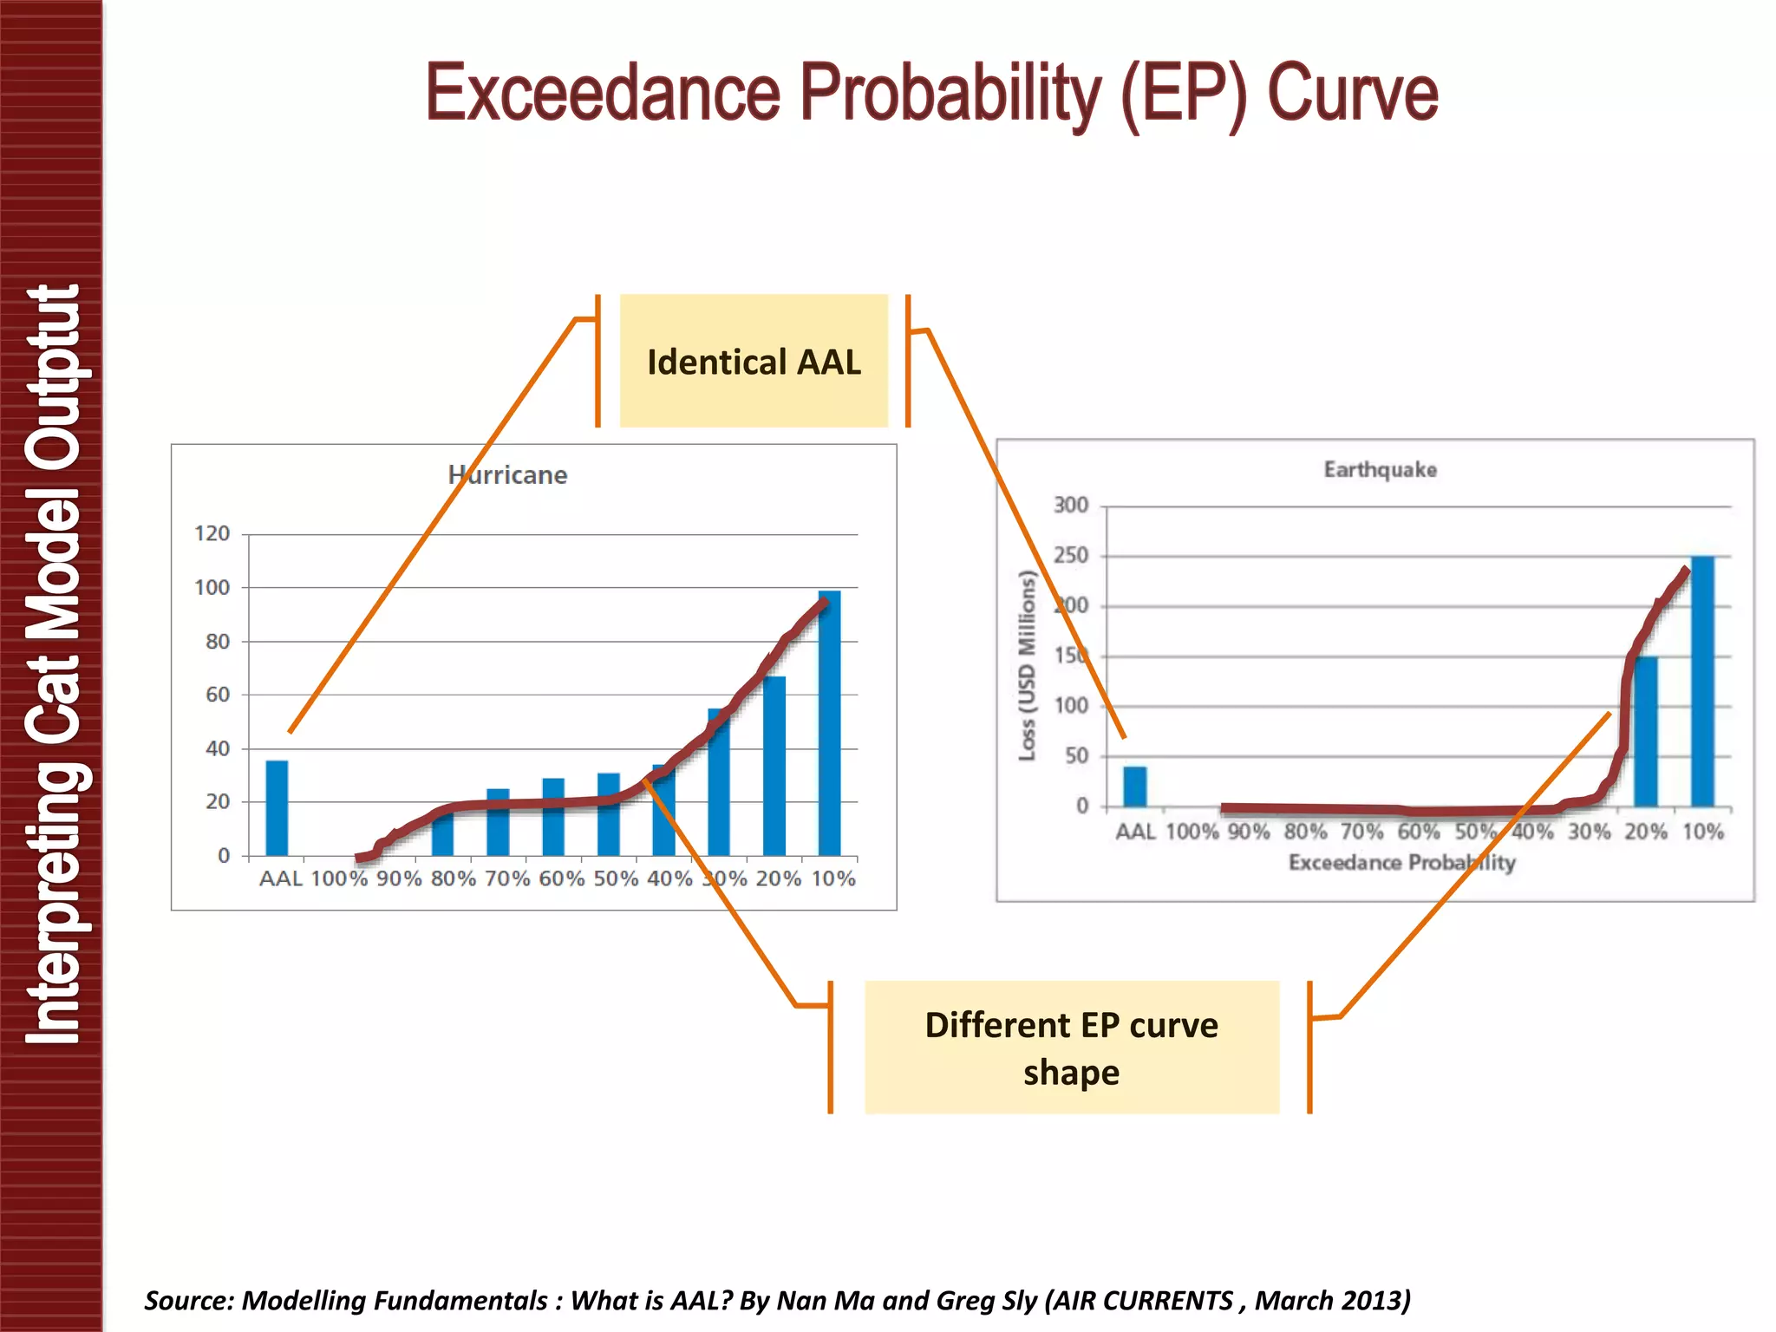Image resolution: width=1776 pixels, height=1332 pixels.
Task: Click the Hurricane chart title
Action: click(507, 475)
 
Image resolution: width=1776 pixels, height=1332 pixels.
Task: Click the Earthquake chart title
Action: click(1380, 470)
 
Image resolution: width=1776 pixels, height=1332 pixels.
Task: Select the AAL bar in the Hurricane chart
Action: click(277, 808)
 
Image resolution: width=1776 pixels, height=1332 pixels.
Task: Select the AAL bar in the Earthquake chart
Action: click(1134, 787)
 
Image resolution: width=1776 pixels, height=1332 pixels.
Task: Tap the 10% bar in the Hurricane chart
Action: click(829, 724)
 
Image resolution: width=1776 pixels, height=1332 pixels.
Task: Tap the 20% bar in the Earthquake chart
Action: click(1645, 733)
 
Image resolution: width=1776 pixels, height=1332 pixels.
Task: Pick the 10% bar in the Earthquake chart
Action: click(1702, 682)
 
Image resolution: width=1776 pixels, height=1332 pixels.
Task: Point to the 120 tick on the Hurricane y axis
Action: click(212, 534)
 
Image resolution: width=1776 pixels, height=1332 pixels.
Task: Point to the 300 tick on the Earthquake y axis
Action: click(1071, 506)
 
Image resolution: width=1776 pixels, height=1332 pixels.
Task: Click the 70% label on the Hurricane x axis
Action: click(507, 879)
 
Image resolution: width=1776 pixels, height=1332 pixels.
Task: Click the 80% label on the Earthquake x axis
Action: click(1305, 832)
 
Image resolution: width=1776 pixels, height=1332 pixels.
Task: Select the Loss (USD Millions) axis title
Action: click(1027, 666)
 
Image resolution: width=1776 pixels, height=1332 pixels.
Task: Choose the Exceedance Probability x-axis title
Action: click(1401, 863)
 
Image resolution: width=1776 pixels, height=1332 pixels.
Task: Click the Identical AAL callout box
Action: click(754, 362)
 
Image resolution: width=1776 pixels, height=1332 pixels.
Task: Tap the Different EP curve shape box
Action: click(1071, 1048)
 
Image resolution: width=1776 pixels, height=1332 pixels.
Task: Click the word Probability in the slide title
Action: click(951, 93)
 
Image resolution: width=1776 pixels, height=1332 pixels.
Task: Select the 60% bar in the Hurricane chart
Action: click(553, 817)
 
